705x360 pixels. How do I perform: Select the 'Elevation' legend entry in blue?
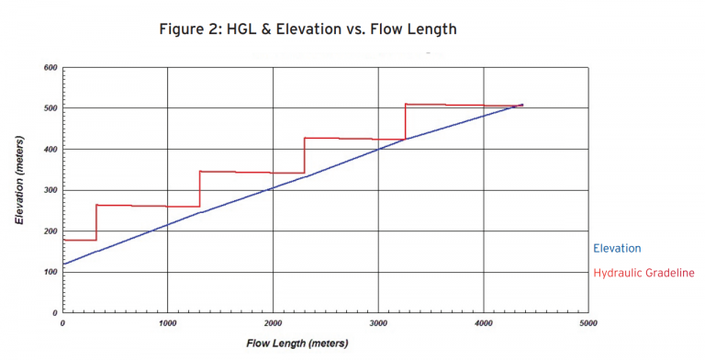point(617,248)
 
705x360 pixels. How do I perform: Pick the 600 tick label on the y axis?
point(50,68)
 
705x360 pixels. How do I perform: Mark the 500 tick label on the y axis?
point(50,108)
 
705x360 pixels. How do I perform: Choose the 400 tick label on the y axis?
point(50,150)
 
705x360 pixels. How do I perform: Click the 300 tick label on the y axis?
point(50,190)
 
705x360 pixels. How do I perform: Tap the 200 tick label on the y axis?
point(50,231)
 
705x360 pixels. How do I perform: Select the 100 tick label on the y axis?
point(50,272)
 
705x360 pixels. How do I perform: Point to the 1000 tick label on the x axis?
point(167,323)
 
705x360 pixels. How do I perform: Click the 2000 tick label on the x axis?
point(273,323)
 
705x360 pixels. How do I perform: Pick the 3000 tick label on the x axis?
point(378,323)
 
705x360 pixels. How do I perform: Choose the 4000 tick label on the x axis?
point(484,323)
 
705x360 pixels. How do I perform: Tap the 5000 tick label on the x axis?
point(588,323)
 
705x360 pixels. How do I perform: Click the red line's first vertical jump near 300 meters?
point(96,222)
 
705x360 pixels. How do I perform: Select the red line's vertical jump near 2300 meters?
point(304,155)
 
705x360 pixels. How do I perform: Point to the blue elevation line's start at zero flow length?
point(62,264)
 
